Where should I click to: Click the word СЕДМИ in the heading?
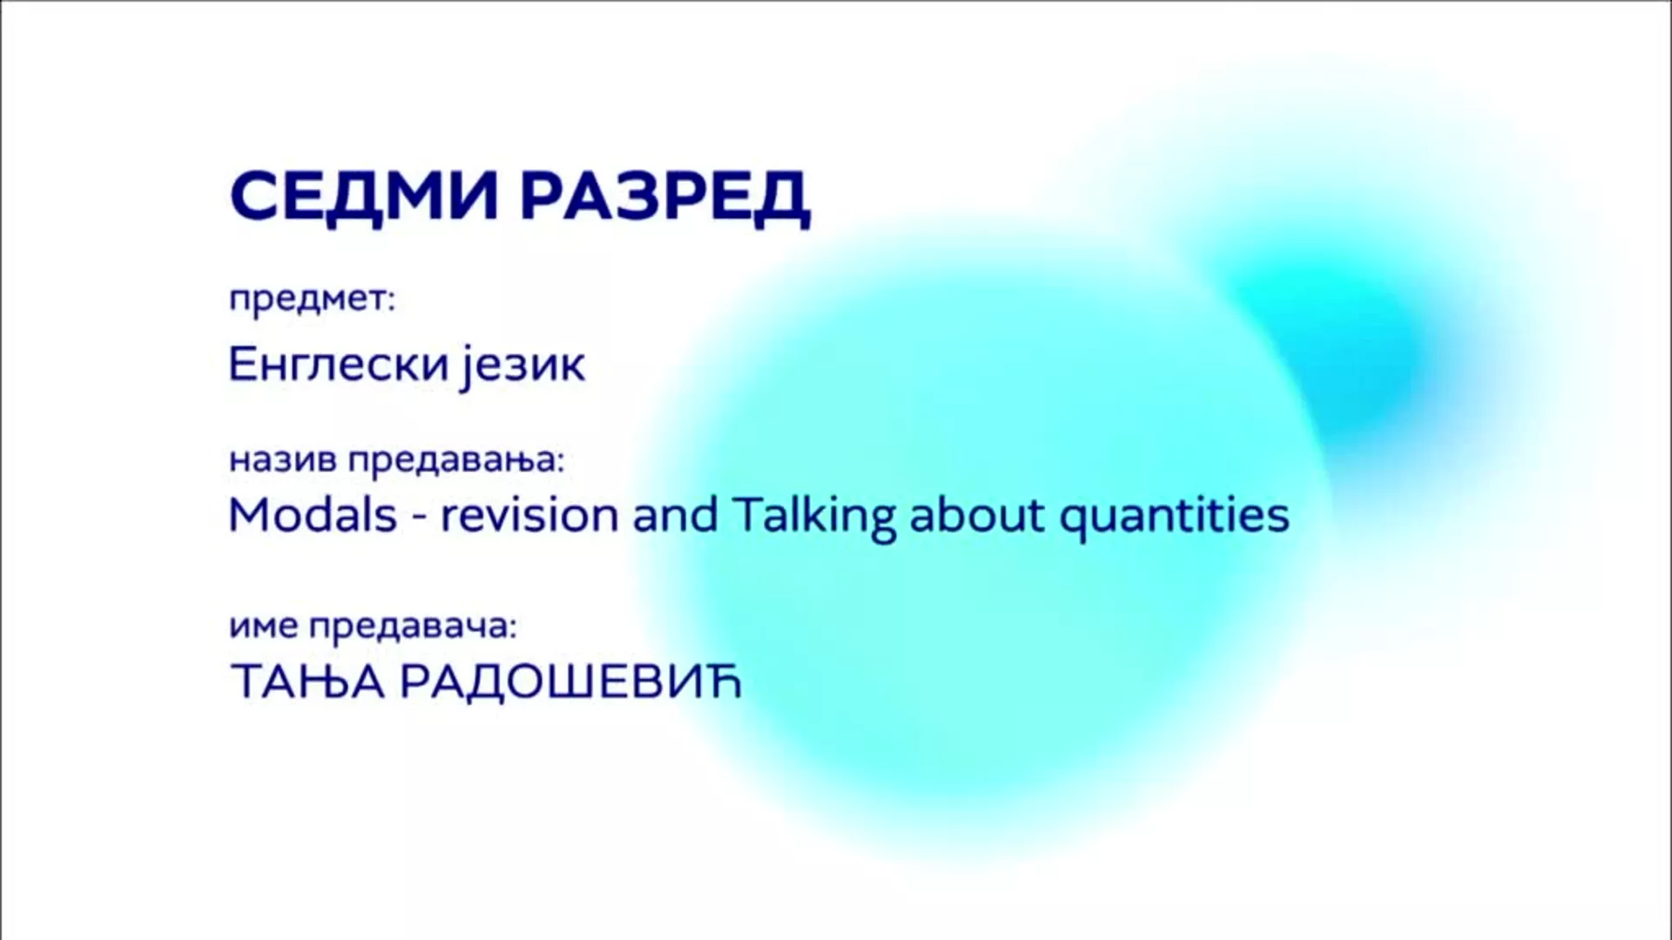coord(364,196)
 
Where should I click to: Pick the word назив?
coord(282,460)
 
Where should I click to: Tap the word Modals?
coord(313,514)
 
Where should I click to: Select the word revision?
coord(529,514)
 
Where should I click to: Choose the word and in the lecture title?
coord(675,514)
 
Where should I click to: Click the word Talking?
coord(814,516)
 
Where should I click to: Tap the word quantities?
coord(1174,516)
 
